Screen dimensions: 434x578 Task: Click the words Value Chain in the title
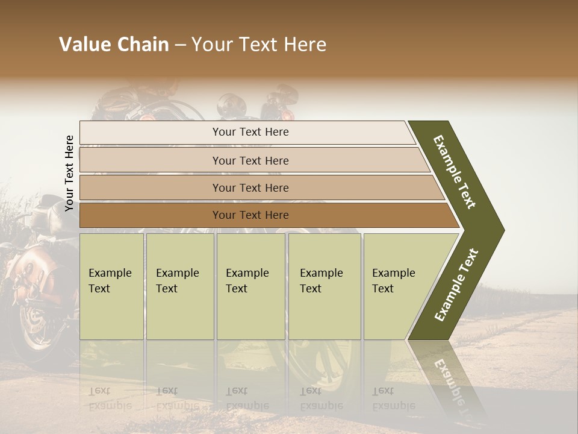point(114,45)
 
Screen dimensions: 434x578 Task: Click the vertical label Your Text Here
point(69,173)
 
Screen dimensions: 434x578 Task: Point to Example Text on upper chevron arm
point(455,172)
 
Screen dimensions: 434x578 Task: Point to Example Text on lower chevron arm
point(456,285)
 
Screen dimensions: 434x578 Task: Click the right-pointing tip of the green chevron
point(501,230)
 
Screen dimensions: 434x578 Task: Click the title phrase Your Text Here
point(258,45)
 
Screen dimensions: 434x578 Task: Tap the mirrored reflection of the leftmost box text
point(110,398)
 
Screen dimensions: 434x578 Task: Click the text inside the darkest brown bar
point(250,215)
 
